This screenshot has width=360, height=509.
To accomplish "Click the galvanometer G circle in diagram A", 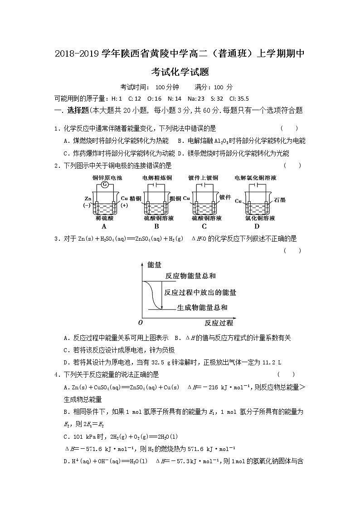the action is pyautogui.click(x=105, y=184).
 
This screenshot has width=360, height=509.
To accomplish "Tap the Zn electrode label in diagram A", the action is pyautogui.click(x=88, y=199).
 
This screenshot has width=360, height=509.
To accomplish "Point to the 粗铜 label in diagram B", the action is pyautogui.click(x=175, y=199).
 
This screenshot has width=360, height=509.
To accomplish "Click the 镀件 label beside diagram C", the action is pyautogui.click(x=225, y=197).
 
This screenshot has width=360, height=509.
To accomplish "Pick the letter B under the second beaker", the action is pyautogui.click(x=156, y=227).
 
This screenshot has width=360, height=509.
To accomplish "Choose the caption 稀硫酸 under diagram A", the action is pyautogui.click(x=104, y=218).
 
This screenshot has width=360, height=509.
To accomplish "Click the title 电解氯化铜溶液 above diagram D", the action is pyautogui.click(x=256, y=178).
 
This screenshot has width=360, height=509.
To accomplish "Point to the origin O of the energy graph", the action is pyautogui.click(x=140, y=322).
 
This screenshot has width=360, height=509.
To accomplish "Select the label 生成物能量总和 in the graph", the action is pyautogui.click(x=202, y=308).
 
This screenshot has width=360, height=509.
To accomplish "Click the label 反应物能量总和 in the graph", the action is pyautogui.click(x=190, y=276).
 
